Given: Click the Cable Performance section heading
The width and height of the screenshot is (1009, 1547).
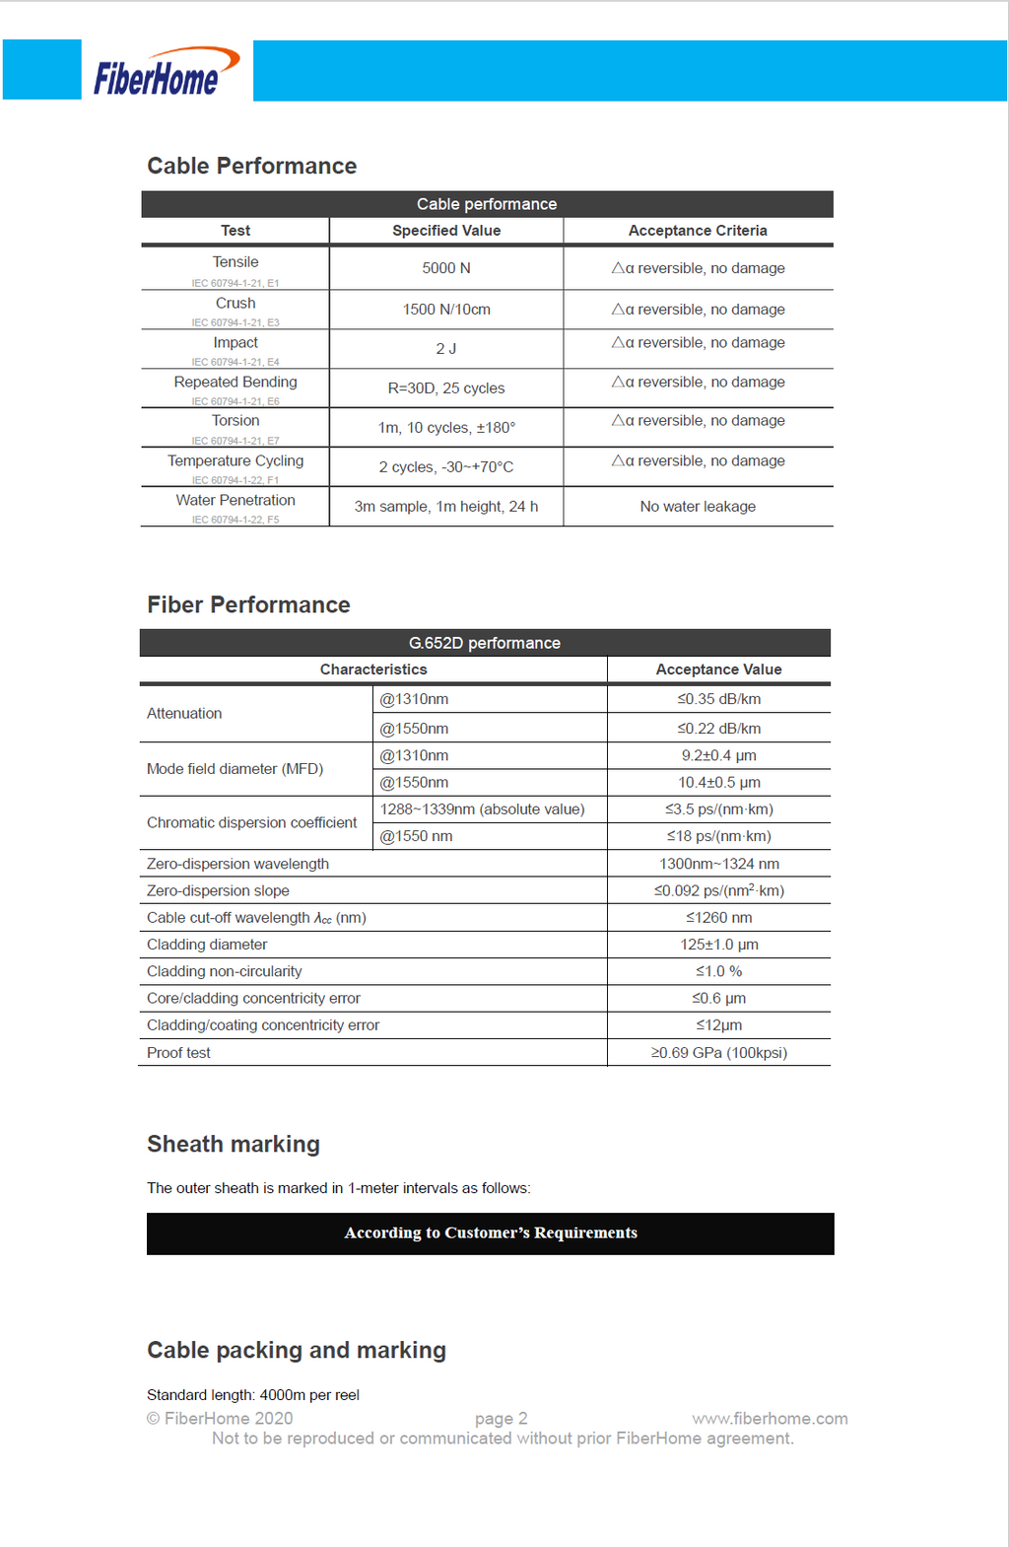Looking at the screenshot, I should click(251, 166).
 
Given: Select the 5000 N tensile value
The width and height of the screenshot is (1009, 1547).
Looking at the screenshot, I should click(446, 268).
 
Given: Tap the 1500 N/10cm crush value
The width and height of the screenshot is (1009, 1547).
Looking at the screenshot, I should click(446, 310).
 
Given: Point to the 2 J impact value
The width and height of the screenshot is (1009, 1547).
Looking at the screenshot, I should click(446, 349).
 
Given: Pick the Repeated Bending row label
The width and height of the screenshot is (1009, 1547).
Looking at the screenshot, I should click(235, 383).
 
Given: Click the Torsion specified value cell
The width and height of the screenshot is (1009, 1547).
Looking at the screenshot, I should click(446, 428).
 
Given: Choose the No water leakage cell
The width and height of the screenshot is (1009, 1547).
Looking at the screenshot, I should click(698, 507).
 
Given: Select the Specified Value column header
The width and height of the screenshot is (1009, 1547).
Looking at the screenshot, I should click(446, 231).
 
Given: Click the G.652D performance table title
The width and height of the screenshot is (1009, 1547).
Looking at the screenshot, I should click(485, 643).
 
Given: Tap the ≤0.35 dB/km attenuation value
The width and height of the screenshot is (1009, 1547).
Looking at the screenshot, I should click(718, 699).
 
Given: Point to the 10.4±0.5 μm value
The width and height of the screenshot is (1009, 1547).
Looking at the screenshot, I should click(718, 783).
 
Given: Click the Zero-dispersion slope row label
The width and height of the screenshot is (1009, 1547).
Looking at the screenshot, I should click(218, 891).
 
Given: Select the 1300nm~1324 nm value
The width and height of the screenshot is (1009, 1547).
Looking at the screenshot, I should click(718, 864).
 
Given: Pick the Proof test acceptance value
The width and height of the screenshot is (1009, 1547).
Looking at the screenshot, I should click(718, 1053).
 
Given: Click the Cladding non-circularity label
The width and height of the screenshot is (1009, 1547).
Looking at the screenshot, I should click(225, 972).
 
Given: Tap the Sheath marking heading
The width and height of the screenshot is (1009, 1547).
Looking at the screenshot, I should click(234, 1144).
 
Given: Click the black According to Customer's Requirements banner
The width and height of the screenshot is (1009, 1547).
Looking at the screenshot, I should click(491, 1233).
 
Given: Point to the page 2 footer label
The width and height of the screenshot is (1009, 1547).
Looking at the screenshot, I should click(501, 1419).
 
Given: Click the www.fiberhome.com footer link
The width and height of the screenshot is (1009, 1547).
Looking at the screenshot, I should click(770, 1419).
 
